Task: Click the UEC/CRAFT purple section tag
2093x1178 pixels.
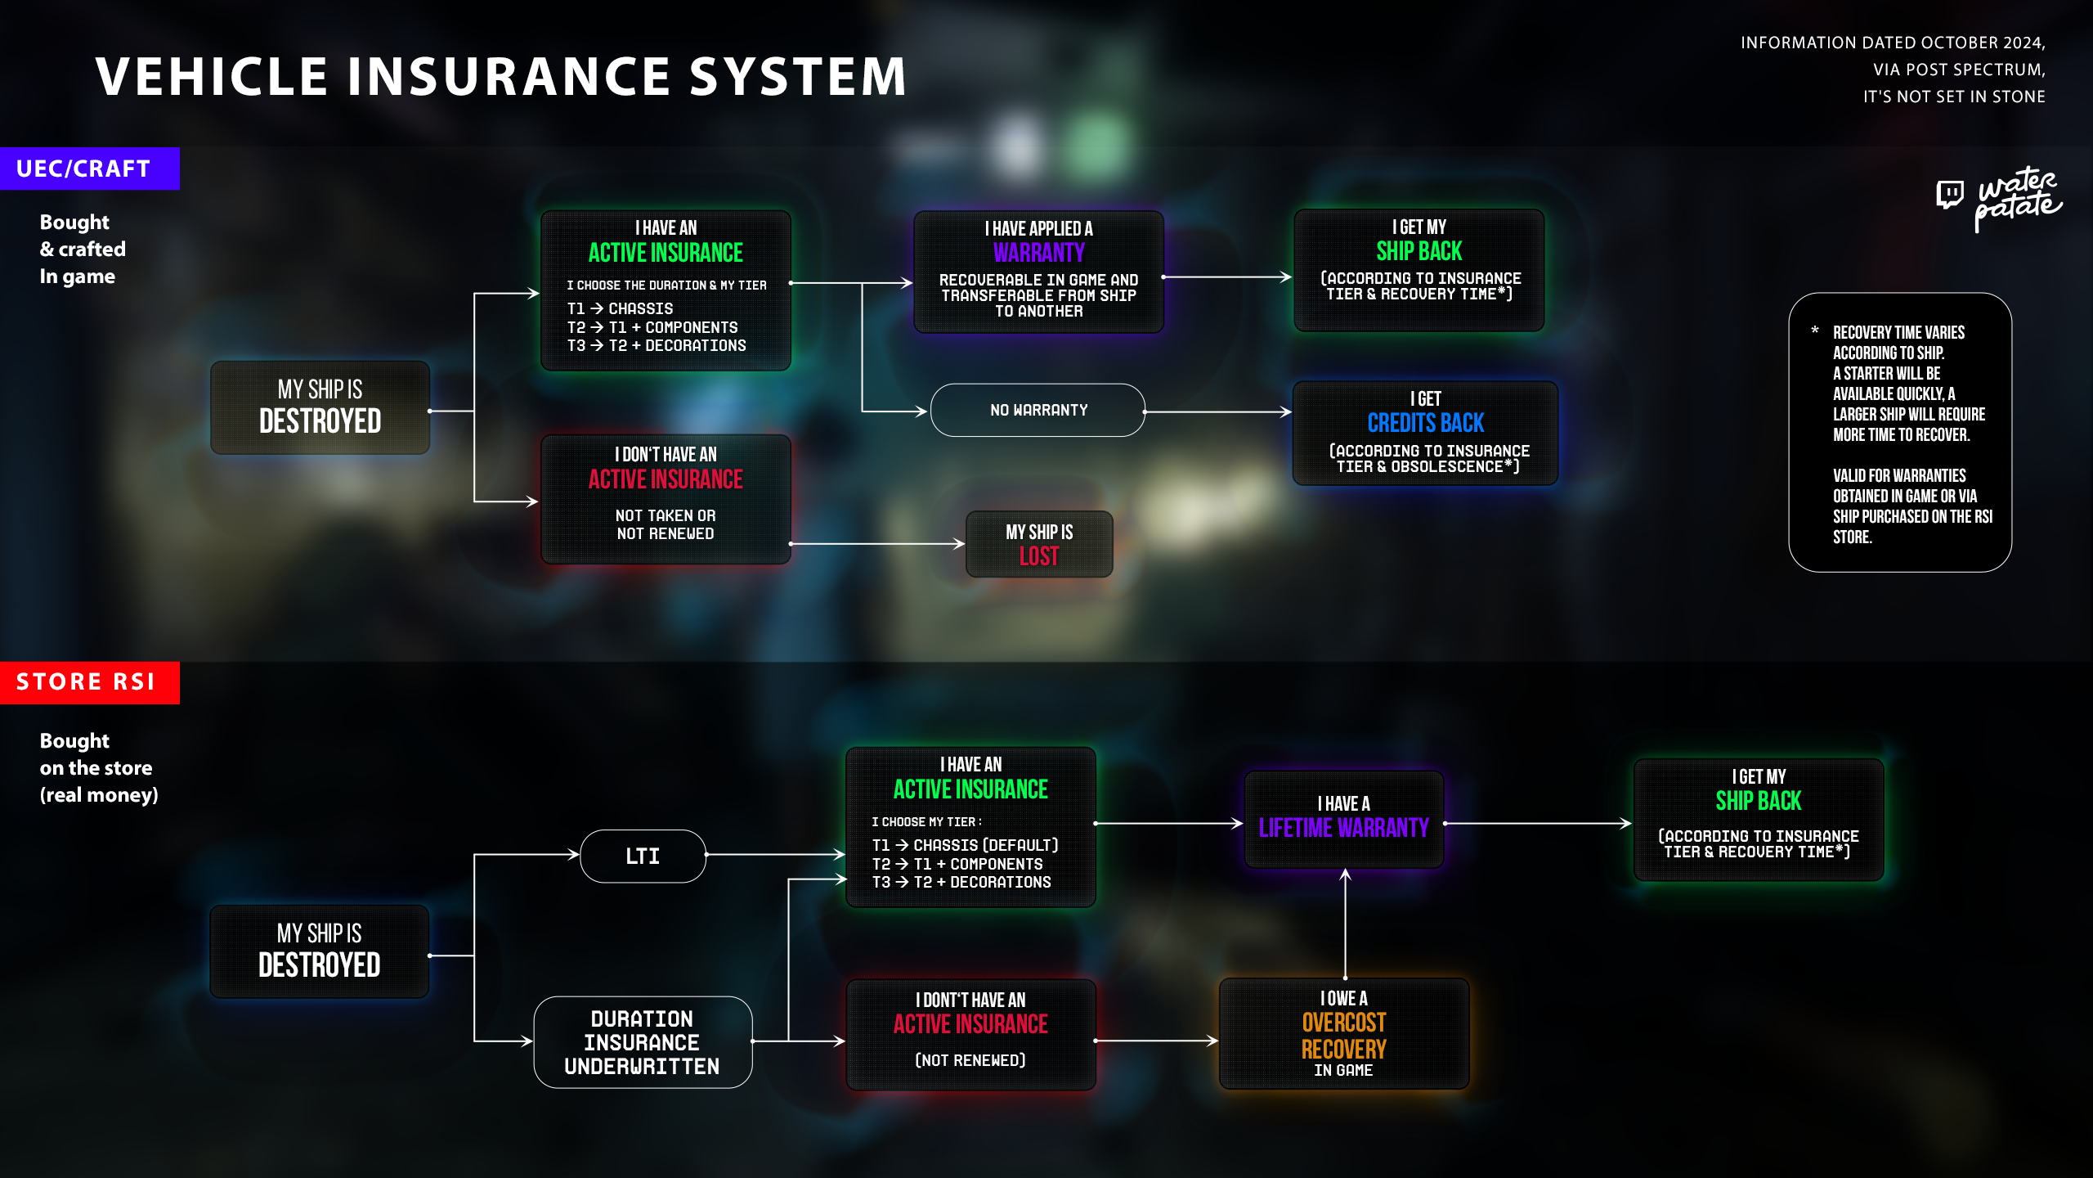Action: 89,169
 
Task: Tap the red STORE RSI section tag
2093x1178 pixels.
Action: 89,682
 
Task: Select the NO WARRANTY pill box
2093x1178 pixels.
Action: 1038,410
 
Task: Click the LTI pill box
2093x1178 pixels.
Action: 643,856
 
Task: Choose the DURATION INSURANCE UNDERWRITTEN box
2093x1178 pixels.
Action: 643,1042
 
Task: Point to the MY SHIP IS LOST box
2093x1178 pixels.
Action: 1039,544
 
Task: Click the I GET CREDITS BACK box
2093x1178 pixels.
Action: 1425,433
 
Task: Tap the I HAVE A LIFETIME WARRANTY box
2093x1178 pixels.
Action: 1343,819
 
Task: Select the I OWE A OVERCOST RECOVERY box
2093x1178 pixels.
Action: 1343,1033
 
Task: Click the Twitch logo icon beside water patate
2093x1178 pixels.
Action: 1950,196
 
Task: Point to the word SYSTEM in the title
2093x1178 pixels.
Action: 798,77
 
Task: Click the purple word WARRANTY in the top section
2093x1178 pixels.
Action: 1039,253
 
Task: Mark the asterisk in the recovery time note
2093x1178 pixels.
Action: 1815,330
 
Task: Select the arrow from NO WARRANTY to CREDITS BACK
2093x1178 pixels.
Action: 1218,412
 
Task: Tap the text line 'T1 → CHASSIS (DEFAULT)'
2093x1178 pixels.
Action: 965,845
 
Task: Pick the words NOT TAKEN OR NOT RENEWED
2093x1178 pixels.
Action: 666,524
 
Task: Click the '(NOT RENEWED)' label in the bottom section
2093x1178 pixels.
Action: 970,1060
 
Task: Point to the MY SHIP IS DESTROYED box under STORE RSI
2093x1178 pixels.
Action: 320,951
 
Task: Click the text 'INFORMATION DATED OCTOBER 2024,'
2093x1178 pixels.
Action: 1893,43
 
